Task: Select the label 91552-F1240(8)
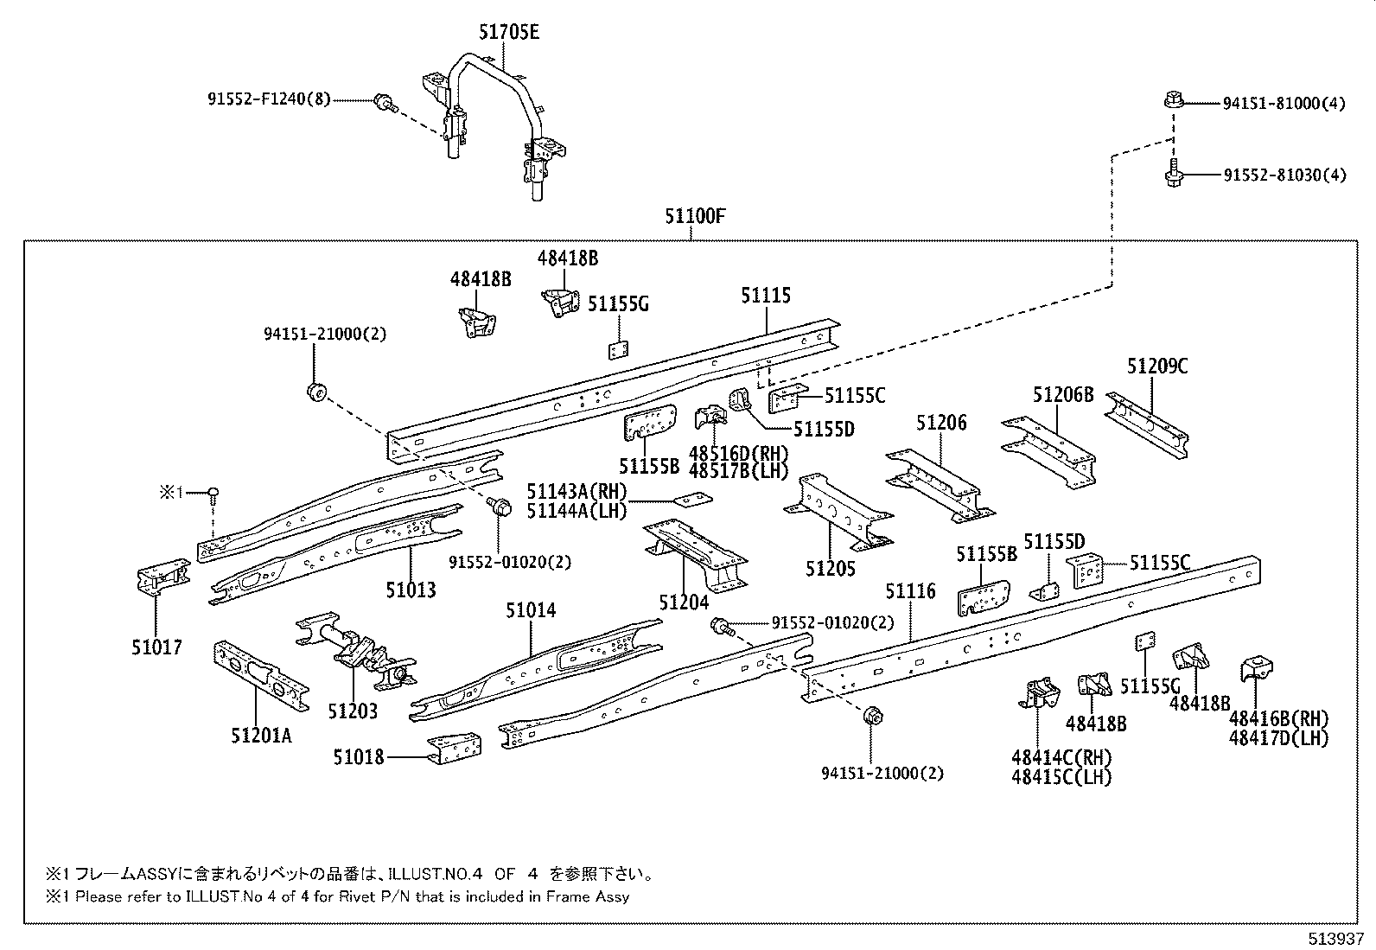pyautogui.click(x=269, y=99)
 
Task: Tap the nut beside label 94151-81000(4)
pyautogui.click(x=1172, y=101)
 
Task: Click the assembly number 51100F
pyautogui.click(x=694, y=216)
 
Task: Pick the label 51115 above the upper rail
pyautogui.click(x=765, y=296)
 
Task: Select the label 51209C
pyautogui.click(x=1156, y=367)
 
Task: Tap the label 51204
pyautogui.click(x=683, y=602)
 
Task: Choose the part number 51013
pyautogui.click(x=411, y=590)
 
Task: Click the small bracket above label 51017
pyautogui.click(x=162, y=577)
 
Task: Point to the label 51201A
pyautogui.click(x=261, y=735)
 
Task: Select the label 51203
pyautogui.click(x=353, y=711)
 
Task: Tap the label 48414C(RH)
pyautogui.click(x=1061, y=757)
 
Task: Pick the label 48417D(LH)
pyautogui.click(x=1278, y=737)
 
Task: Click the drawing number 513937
pyautogui.click(x=1336, y=939)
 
